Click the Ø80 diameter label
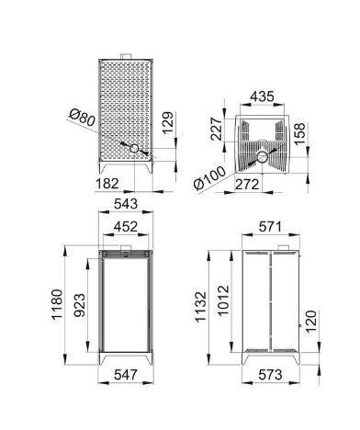tap(82, 118)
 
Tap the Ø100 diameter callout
tap(209, 178)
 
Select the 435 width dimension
tap(262, 96)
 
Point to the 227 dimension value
tap(217, 129)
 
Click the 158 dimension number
tap(299, 134)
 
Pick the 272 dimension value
tap(247, 185)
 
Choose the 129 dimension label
tap(167, 123)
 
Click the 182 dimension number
tap(107, 184)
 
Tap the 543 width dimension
tap(126, 204)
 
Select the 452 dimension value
tap(126, 227)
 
